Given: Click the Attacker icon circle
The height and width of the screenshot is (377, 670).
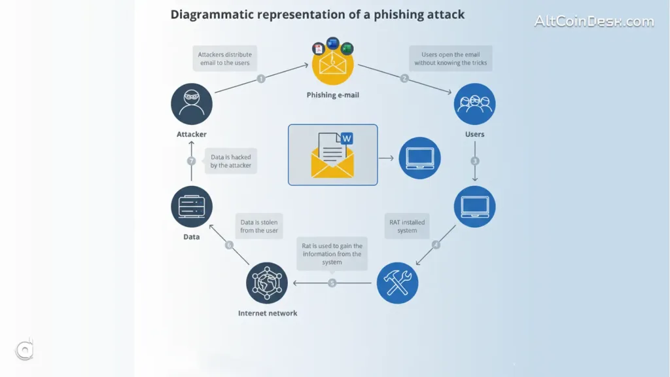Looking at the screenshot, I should pyautogui.click(x=192, y=104).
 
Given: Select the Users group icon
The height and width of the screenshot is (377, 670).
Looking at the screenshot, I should pyautogui.click(x=474, y=104).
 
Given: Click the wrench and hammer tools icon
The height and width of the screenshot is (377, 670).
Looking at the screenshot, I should pyautogui.click(x=398, y=283).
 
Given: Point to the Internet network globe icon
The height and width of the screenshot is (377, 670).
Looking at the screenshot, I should pyautogui.click(x=267, y=283).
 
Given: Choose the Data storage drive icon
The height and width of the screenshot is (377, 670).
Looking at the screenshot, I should pyautogui.click(x=192, y=207).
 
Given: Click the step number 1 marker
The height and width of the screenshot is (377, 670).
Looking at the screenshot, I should pyautogui.click(x=261, y=79).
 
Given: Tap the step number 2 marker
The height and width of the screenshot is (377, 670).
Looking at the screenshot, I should pyautogui.click(x=404, y=79).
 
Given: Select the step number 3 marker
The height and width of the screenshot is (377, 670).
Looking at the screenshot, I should pyautogui.click(x=475, y=161).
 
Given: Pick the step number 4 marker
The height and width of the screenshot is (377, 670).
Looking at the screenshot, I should pyautogui.click(x=436, y=245).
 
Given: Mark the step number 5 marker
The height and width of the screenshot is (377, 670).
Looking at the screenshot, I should pyautogui.click(x=332, y=283).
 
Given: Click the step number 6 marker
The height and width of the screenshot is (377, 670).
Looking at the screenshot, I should pyautogui.click(x=229, y=245).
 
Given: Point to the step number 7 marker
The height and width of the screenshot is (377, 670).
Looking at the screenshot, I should pyautogui.click(x=192, y=161).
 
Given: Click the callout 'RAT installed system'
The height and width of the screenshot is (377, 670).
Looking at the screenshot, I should pyautogui.click(x=407, y=226).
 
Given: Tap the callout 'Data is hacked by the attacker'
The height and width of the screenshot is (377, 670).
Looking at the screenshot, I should pyautogui.click(x=231, y=161).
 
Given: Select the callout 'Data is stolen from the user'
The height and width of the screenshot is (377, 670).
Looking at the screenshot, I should pyautogui.click(x=259, y=226).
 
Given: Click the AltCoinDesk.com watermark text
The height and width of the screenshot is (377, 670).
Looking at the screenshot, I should pyautogui.click(x=593, y=21).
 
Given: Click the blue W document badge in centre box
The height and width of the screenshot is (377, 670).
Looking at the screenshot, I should pyautogui.click(x=347, y=138).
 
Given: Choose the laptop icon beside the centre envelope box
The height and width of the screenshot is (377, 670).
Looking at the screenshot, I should pyautogui.click(x=419, y=158).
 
